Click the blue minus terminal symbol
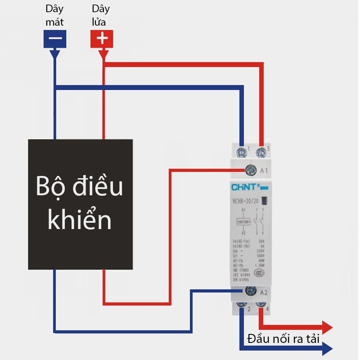coord(55,39)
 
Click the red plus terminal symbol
coord(103,39)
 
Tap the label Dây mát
coord(55,15)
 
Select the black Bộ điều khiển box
coord(81,204)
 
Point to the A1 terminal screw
coord(251,170)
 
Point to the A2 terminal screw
coord(251,291)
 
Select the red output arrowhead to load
coord(328,327)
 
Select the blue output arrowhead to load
coord(328,348)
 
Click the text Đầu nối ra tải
coord(283,339)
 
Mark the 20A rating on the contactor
coord(261,241)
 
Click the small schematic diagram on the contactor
coord(250,220)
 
